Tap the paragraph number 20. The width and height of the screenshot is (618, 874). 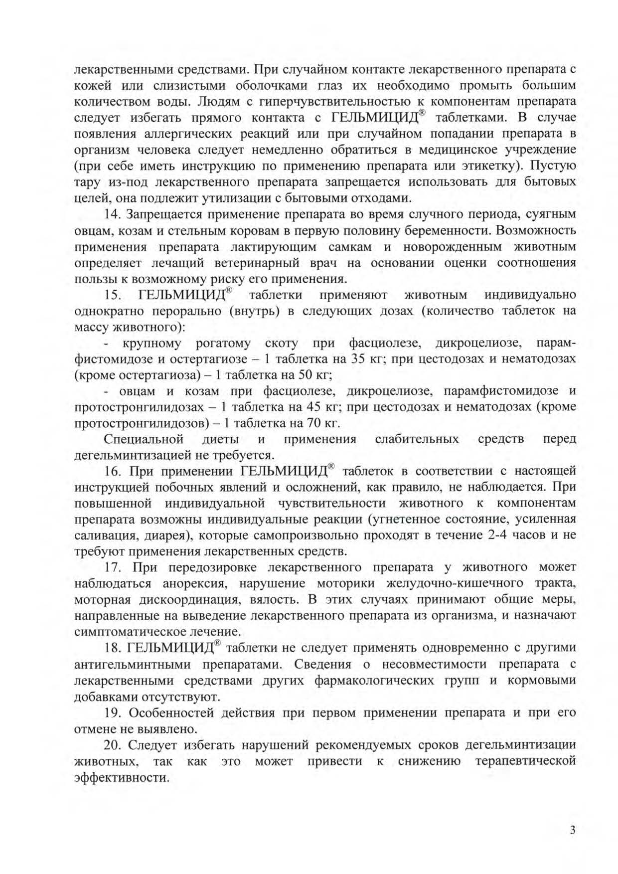(113, 745)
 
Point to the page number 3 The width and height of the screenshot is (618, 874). (573, 830)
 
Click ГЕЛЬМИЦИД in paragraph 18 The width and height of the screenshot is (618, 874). (170, 648)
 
